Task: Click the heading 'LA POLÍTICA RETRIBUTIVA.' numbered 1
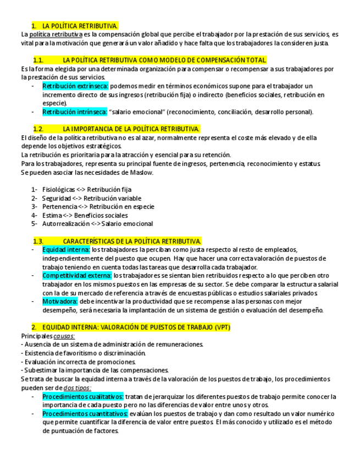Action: (x=80, y=26)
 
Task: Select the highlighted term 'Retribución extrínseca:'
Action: (x=75, y=86)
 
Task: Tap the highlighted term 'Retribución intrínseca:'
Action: (x=75, y=112)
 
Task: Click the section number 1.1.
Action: (x=38, y=60)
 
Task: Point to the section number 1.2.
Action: (x=38, y=129)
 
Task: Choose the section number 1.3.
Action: (x=38, y=241)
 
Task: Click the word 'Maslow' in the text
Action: (x=141, y=173)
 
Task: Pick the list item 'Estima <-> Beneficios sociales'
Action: (x=85, y=215)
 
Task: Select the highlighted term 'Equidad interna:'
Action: (x=66, y=249)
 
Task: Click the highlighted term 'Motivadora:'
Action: (x=60, y=301)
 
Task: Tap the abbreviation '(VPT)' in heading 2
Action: (x=222, y=327)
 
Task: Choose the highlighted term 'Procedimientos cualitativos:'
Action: (x=83, y=396)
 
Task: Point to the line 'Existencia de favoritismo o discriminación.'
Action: (x=84, y=353)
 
